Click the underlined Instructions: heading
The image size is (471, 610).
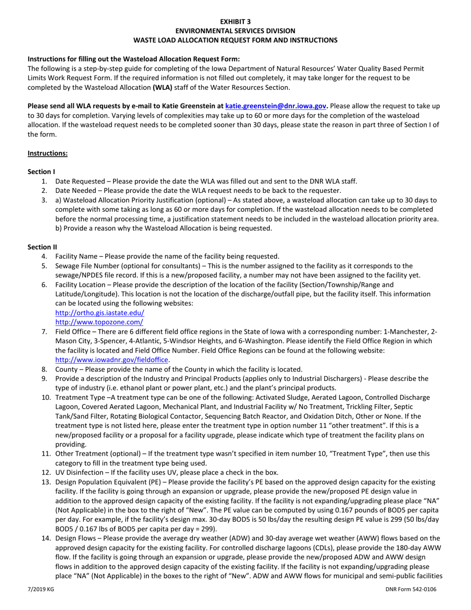[x=48, y=153]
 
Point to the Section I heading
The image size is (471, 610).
[x=41, y=172]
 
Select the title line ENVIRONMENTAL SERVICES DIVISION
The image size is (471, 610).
[x=235, y=30]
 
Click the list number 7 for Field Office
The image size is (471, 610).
[x=44, y=332]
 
